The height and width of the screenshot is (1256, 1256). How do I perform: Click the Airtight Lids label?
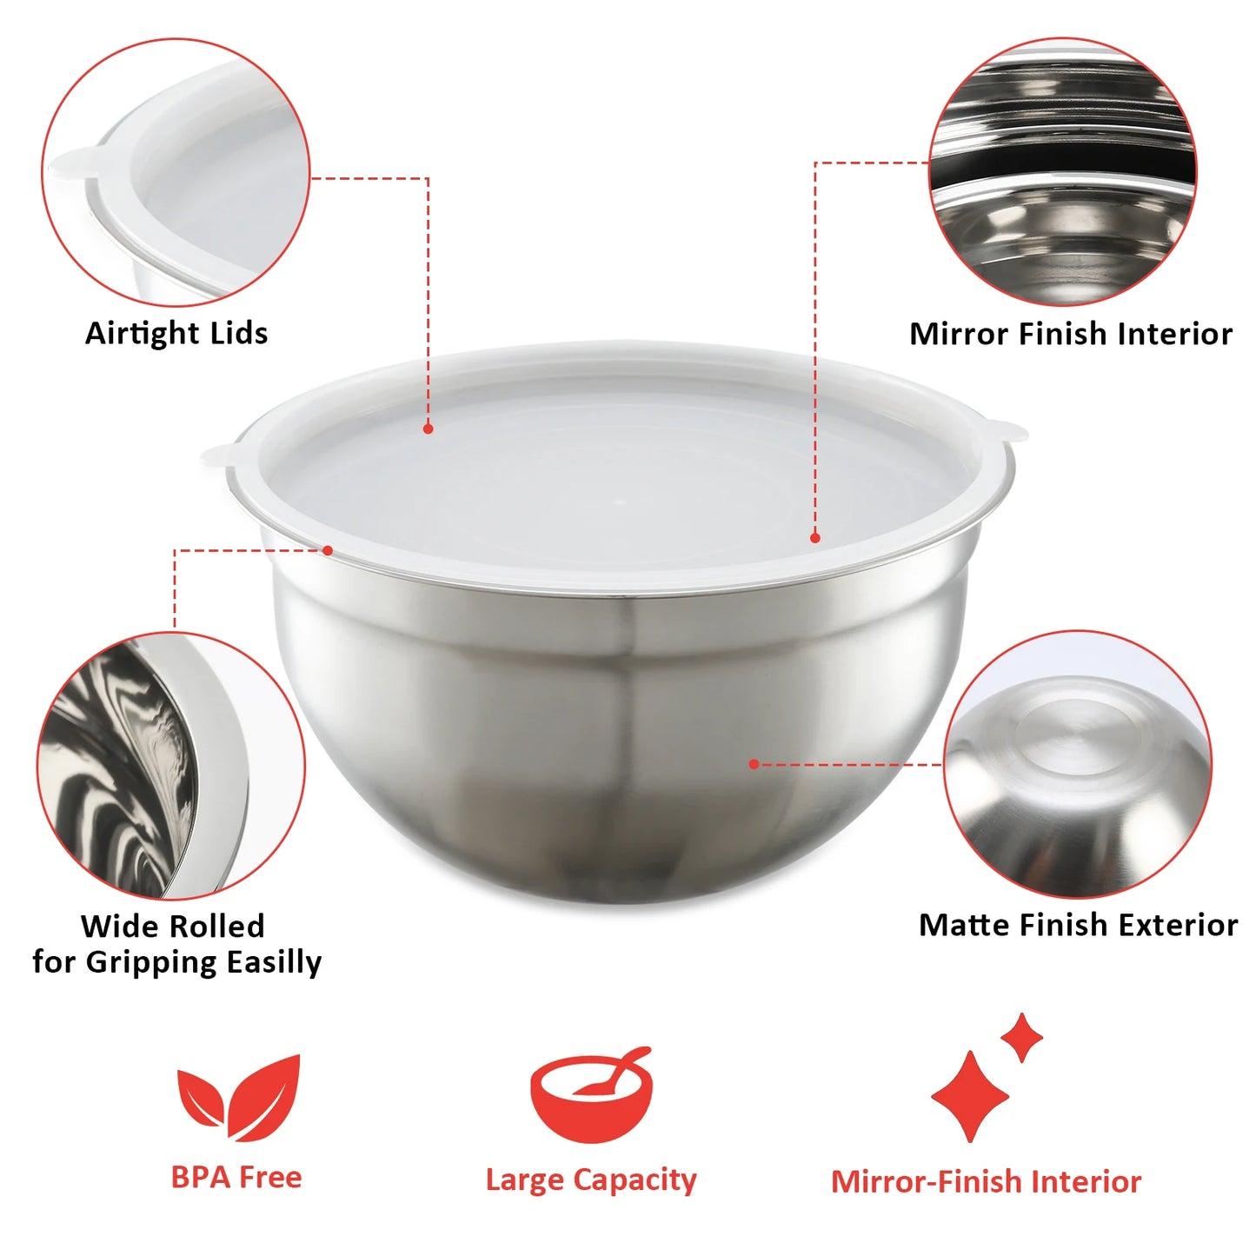tap(176, 333)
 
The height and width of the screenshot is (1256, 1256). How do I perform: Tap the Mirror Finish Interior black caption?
tap(1070, 334)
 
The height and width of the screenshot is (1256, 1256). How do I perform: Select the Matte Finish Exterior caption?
tap(1078, 925)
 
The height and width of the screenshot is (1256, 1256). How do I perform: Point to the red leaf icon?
tap(238, 1097)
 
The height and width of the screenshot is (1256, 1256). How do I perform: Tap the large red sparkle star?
tap(970, 1096)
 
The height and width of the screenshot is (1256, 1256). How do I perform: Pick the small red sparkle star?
tap(1021, 1036)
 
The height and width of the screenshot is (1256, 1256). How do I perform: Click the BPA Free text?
tap(236, 1177)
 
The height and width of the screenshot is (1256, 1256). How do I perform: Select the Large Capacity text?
tap(591, 1180)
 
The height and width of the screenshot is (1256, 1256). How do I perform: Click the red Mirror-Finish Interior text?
tap(986, 1182)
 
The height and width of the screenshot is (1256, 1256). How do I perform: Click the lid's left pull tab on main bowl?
tap(217, 455)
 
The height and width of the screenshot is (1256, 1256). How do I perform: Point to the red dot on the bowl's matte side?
tap(754, 764)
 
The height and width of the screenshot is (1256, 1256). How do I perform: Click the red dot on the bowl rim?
tap(328, 550)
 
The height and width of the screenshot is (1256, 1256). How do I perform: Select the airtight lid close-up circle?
tap(176, 172)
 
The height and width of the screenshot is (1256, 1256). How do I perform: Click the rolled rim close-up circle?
tap(171, 765)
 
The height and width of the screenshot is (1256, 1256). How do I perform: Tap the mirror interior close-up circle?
tap(1062, 172)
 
